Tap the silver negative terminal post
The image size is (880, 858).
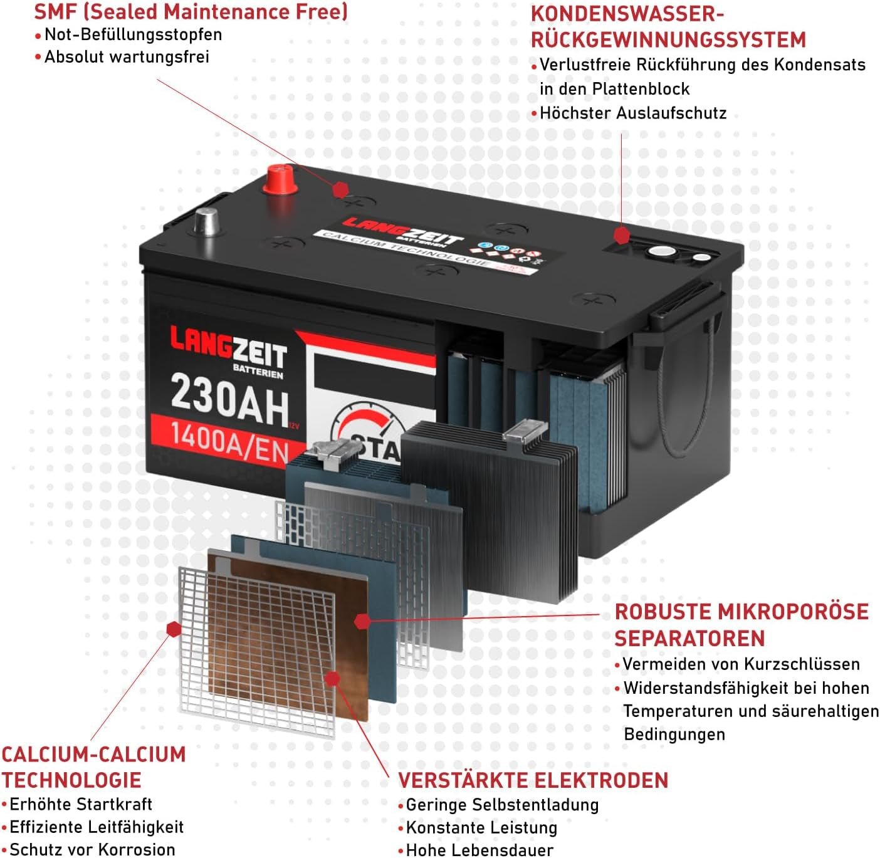205,221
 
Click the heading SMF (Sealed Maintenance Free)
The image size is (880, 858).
191,11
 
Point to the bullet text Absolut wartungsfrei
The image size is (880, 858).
127,57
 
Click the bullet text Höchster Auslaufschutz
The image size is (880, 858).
632,113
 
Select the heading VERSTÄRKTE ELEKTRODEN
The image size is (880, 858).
533,780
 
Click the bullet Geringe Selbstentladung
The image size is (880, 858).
502,805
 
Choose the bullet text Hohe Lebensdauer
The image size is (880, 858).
479,850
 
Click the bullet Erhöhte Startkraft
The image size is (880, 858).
81,804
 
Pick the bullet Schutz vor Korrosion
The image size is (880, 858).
92,849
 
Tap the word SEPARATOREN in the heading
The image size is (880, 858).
689,638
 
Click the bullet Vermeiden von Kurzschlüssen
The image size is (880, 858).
741,664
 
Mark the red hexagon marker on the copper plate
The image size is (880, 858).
333,678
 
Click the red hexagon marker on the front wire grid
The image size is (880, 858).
174,629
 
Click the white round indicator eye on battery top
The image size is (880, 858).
660,252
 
